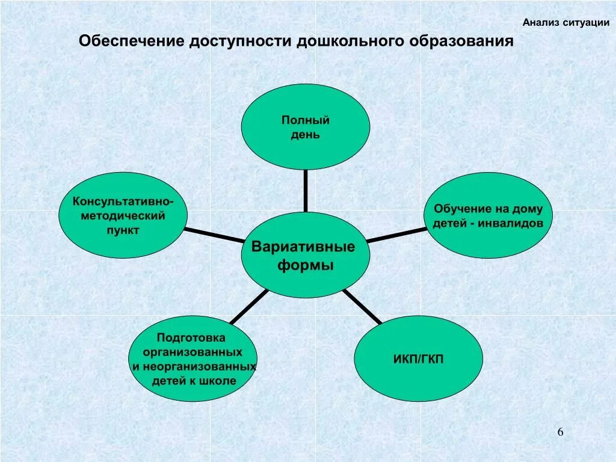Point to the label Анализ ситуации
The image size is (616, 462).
click(x=565, y=23)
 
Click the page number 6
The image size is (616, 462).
click(x=561, y=432)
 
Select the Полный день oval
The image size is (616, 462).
click(x=306, y=127)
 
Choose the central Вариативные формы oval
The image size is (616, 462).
click(x=306, y=255)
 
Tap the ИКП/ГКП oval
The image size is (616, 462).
click(x=418, y=359)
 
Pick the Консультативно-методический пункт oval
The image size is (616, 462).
click(x=123, y=215)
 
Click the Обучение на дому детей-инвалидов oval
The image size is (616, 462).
click(x=488, y=215)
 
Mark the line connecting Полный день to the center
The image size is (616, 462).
click(x=306, y=191)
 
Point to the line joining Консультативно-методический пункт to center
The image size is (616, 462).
click(x=214, y=235)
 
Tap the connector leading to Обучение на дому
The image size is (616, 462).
click(x=397, y=235)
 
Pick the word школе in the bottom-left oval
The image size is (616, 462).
click(x=219, y=381)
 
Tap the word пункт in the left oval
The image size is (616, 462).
click(x=123, y=230)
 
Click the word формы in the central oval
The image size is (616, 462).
click(x=306, y=265)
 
